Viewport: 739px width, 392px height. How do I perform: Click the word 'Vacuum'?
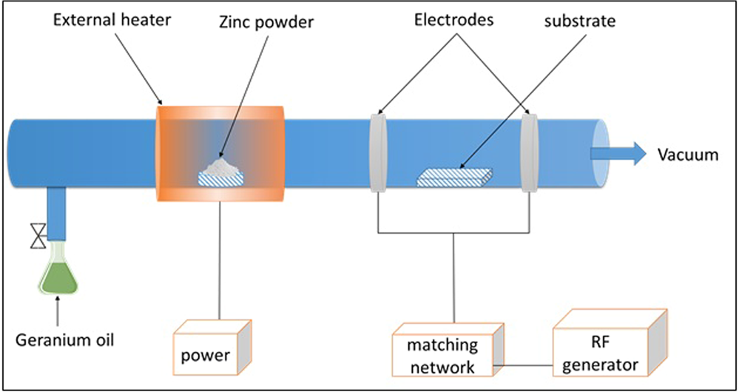point(688,155)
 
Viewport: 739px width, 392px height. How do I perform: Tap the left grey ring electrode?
point(378,152)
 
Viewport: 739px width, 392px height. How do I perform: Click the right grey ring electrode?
point(528,152)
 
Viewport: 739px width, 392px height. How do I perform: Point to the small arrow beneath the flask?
point(56,314)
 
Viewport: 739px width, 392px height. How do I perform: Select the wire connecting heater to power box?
point(220,259)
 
